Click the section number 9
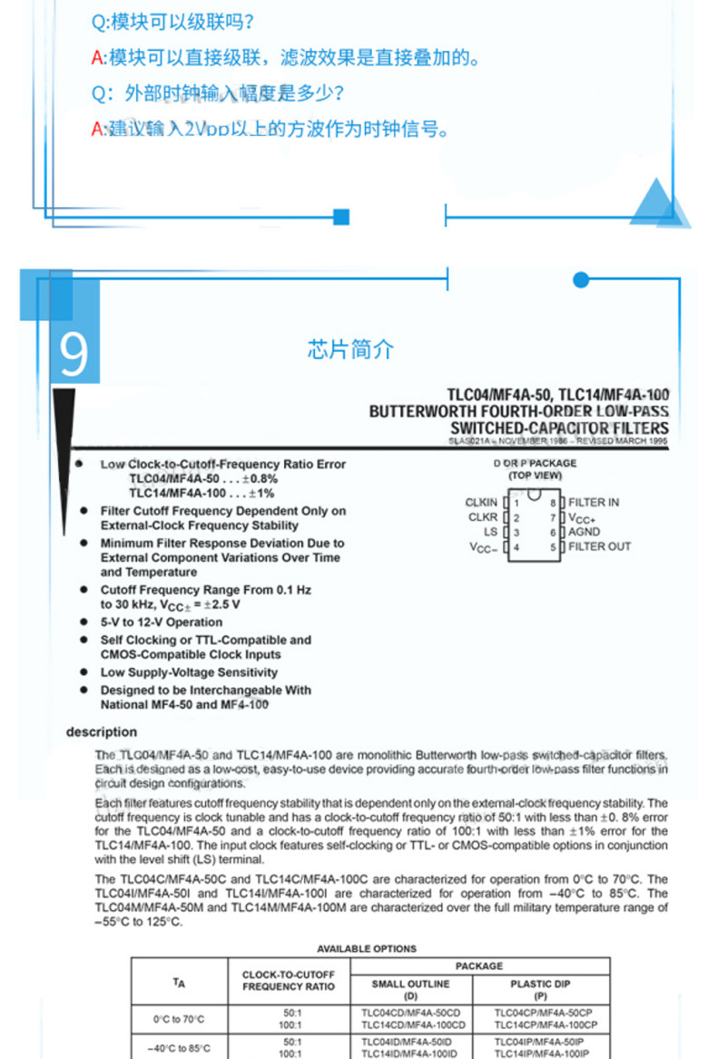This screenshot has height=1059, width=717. (x=74, y=354)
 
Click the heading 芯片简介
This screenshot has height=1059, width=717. (x=350, y=349)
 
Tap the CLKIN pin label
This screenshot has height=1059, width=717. (x=481, y=502)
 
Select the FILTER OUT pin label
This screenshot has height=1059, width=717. (x=599, y=546)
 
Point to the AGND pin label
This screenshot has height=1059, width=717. (x=584, y=532)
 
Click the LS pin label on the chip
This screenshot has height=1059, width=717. (x=490, y=532)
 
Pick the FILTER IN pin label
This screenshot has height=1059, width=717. (x=594, y=502)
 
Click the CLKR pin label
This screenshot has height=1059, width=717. (x=482, y=517)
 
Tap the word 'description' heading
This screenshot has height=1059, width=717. (x=102, y=732)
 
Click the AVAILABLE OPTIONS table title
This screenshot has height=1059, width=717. (x=367, y=948)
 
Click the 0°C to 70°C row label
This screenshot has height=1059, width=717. (x=179, y=1018)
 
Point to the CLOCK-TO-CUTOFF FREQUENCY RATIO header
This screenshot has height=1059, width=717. (x=289, y=981)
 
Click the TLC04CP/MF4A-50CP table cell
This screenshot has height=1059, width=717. (x=540, y=1012)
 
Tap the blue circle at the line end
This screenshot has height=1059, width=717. (x=581, y=280)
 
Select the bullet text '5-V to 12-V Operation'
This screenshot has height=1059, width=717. (x=161, y=623)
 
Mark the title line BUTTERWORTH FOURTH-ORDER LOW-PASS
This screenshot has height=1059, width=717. (x=518, y=411)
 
